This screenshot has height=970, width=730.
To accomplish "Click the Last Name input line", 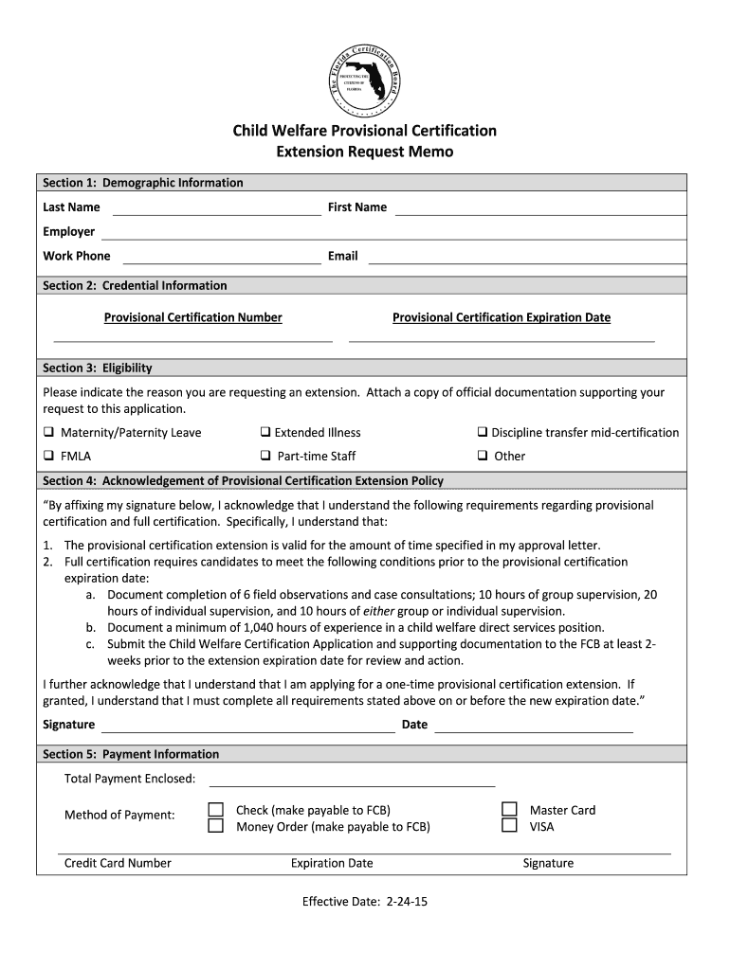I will (217, 208).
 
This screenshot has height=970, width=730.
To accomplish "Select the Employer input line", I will (393, 233).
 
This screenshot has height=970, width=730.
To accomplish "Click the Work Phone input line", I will (222, 258).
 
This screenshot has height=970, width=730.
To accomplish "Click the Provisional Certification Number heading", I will (192, 317).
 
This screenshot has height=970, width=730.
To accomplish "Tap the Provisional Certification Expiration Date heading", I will (502, 317).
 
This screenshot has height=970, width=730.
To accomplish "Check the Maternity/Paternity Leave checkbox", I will (48, 433).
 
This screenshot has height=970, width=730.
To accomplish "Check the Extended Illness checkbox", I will (266, 433).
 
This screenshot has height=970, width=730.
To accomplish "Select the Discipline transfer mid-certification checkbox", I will (483, 433).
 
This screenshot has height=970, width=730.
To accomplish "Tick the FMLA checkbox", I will (48, 457).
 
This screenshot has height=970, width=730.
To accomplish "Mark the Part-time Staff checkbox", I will (266, 457).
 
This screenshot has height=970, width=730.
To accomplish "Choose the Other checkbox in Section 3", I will (483, 457).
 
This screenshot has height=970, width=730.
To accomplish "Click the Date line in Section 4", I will (534, 727).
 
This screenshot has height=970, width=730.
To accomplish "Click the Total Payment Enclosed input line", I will (352, 781).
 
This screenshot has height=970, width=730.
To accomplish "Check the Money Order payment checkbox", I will (216, 826).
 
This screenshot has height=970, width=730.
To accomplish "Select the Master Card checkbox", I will (509, 810).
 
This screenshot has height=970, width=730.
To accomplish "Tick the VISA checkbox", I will (509, 826).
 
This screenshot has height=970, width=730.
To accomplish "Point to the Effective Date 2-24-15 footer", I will (365, 902).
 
